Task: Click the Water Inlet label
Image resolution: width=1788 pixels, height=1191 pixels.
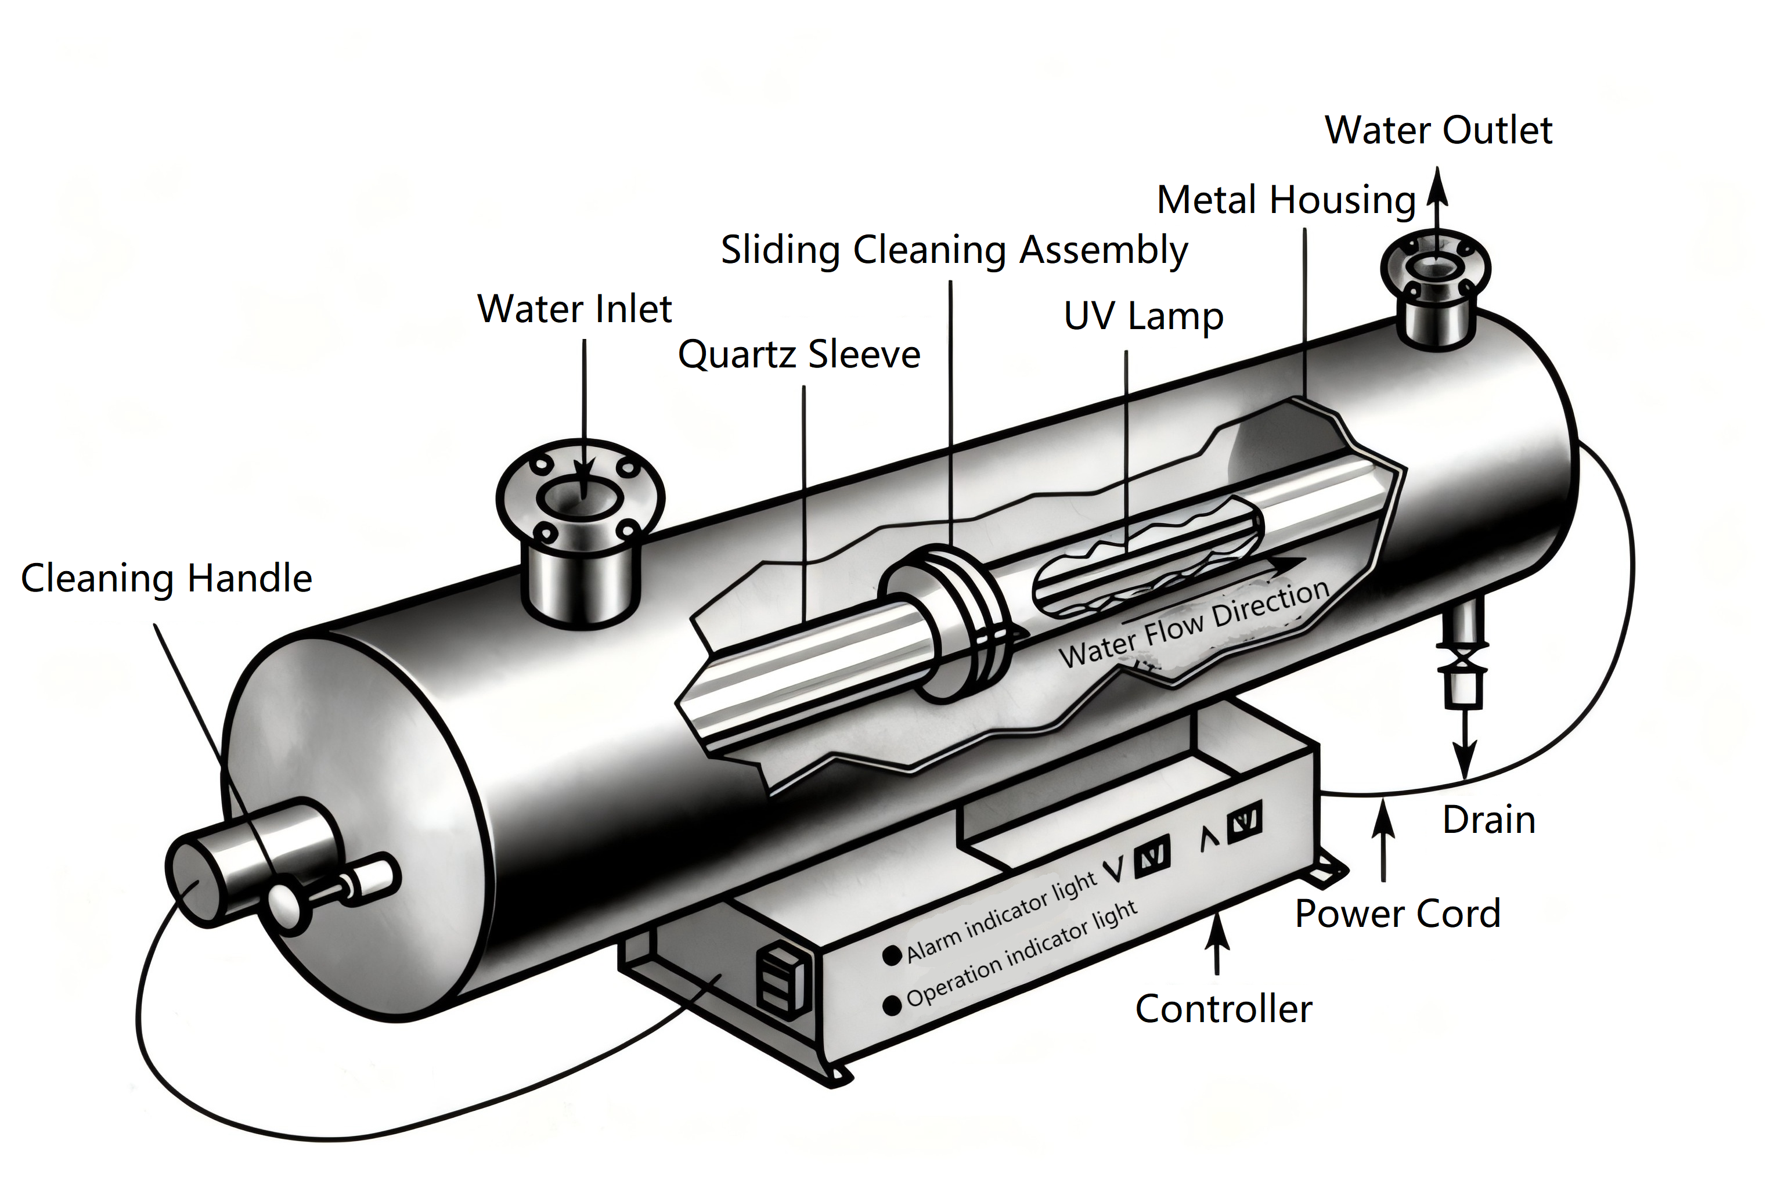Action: [x=574, y=309]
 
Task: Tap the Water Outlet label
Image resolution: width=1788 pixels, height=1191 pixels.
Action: [x=1438, y=130]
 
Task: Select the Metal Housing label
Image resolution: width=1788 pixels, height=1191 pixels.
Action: [x=1286, y=200]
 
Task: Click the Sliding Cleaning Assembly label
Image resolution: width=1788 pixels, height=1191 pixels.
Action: [x=954, y=250]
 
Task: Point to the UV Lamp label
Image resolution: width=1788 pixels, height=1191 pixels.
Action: [x=1143, y=316]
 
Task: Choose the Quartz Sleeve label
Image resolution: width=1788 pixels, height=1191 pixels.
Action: [x=798, y=355]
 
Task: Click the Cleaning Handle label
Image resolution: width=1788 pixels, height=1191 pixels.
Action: [x=167, y=578]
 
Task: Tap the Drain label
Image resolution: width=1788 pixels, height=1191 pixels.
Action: [x=1488, y=820]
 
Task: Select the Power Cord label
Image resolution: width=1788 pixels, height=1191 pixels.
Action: [x=1397, y=914]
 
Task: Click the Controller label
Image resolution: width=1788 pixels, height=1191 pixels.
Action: [x=1223, y=1009]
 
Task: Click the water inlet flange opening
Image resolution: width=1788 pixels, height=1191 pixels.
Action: [x=579, y=497]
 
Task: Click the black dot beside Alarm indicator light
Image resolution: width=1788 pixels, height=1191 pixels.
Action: [x=892, y=955]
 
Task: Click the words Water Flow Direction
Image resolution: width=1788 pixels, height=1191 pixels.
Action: [x=1192, y=625]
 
